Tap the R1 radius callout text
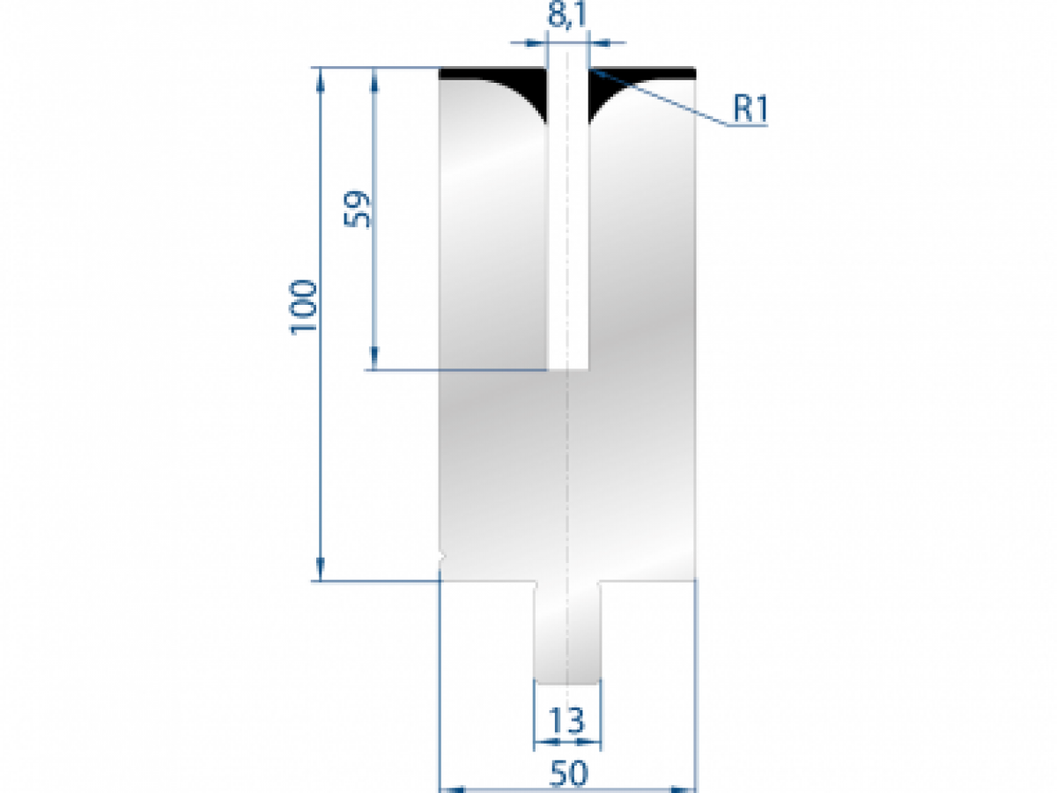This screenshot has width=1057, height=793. (750, 109)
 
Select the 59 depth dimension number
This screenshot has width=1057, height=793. (359, 210)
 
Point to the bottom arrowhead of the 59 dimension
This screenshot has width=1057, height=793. (375, 360)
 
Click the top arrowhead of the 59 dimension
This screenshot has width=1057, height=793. (375, 76)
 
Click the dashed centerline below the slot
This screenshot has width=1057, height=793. (568, 476)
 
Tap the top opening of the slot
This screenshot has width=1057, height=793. (568, 70)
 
